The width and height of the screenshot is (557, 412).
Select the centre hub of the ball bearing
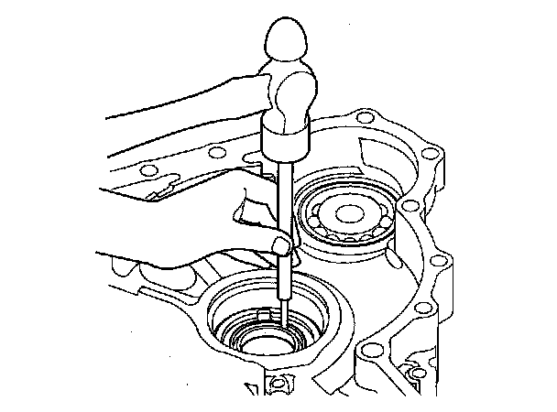[351, 215]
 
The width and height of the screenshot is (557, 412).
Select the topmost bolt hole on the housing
[366, 117]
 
